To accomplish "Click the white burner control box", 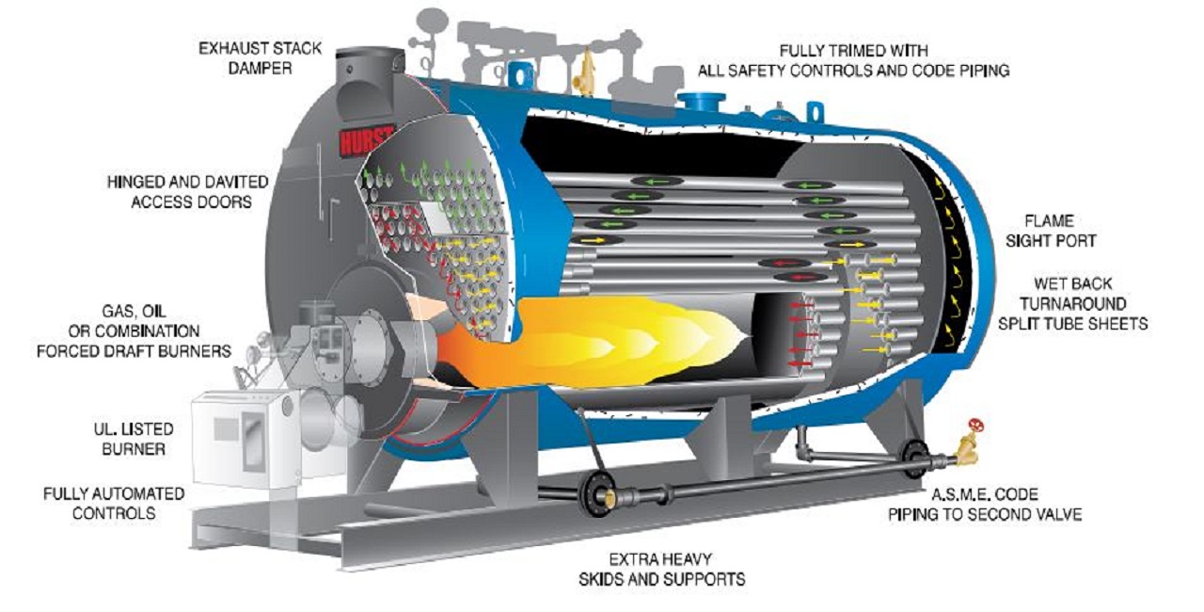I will tap(245, 436).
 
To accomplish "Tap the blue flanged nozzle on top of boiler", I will tap(701, 100).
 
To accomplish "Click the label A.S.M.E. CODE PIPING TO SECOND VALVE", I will tap(985, 504).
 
